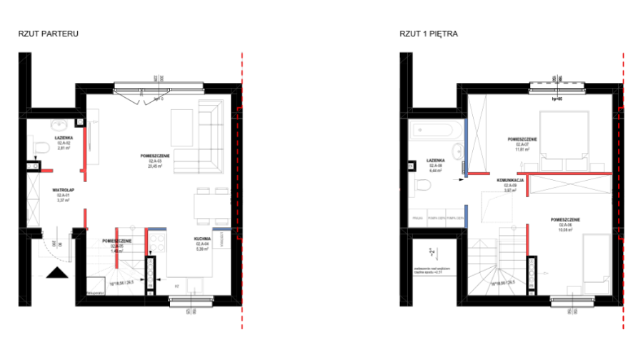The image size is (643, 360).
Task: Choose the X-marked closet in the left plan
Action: pyautogui.click(x=33, y=199)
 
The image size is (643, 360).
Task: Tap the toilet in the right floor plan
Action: pyautogui.click(x=420, y=186)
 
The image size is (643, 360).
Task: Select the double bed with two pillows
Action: pyautogui.click(x=564, y=139)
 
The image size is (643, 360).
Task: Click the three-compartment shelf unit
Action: pyautogui.click(x=437, y=217)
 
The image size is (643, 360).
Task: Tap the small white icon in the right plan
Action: pyautogui.click(x=432, y=251)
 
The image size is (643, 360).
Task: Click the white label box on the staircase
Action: pyautogui.click(x=116, y=249)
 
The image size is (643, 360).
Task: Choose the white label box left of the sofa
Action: pyautogui.click(x=154, y=164)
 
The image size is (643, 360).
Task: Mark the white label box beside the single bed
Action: pyautogui.click(x=564, y=227)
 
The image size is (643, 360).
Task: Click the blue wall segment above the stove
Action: pyautogui.click(x=157, y=229)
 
